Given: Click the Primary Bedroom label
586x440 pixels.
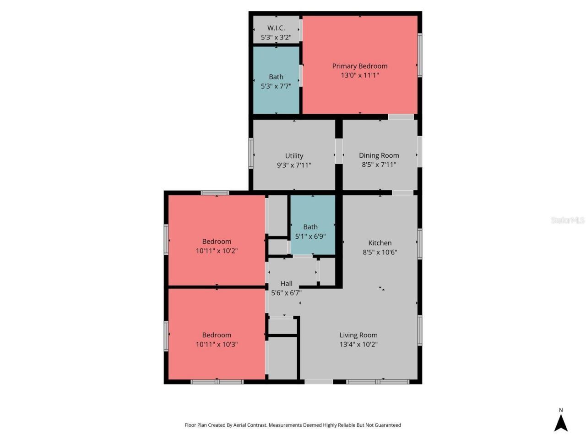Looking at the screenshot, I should pos(359,66).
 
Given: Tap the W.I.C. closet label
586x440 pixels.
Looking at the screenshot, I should pos(276,28).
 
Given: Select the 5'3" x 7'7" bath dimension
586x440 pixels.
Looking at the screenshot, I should pos(276,86).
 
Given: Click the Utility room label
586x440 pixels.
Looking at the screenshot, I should pos(294,156).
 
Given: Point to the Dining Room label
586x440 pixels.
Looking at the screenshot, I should pos(379,155).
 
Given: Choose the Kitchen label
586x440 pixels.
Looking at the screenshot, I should pos(380,243).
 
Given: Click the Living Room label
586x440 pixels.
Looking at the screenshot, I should pos(358,335).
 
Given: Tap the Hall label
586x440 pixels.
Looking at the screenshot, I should pos(286,283).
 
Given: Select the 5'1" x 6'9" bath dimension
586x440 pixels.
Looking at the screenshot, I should pos(310,236).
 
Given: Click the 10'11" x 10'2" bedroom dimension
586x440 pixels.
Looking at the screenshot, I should pos(217,251).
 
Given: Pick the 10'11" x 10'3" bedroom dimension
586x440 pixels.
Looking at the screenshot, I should pos(217,344).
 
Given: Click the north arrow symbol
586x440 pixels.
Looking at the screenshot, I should pos(561,423).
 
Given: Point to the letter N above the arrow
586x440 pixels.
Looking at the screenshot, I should pos(561,410).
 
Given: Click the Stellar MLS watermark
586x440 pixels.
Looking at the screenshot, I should pos(567,220).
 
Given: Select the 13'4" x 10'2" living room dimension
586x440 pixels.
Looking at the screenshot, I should pos(358,344).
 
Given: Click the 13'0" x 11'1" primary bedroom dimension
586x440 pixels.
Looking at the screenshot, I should pos(359,75).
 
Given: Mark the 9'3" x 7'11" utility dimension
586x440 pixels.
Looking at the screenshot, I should pos(294,165).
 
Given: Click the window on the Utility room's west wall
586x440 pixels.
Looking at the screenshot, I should pos(251,153).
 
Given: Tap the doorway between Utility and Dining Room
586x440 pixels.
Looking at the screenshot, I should pos(339,151).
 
